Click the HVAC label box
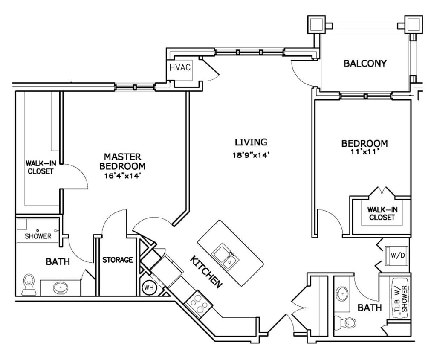click(180, 68)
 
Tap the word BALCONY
click(365, 64)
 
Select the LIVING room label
click(251, 142)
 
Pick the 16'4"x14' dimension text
click(122, 175)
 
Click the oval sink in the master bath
click(60, 288)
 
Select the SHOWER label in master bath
click(38, 236)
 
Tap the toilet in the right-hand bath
click(346, 322)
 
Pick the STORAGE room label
click(118, 259)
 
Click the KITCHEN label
click(206, 272)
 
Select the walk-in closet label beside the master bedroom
click(40, 167)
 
